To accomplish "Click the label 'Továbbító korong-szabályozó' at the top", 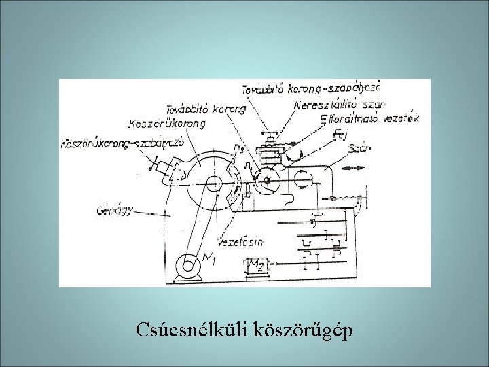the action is coord(311,88).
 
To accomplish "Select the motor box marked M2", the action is coord(256,266).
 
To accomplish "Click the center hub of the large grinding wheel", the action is coord(212,181).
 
